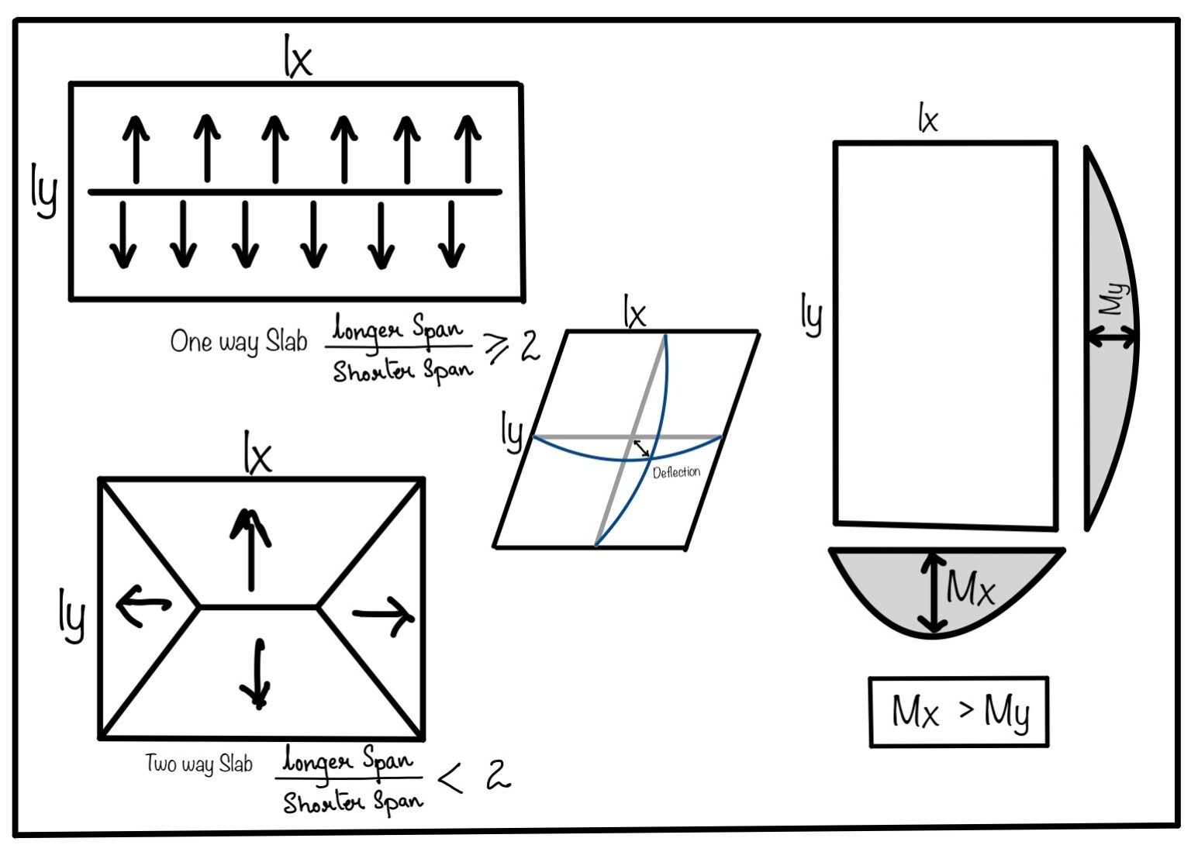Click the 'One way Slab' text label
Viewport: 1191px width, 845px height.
click(x=239, y=342)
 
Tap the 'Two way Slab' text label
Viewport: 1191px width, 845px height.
click(x=199, y=764)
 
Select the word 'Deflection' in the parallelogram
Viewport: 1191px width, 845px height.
click(x=676, y=472)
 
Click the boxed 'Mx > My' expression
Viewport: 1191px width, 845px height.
click(x=959, y=712)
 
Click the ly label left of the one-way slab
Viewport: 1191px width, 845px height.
click(x=44, y=190)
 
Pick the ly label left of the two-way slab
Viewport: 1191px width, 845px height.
click(x=72, y=615)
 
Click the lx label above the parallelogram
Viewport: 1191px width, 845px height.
click(x=634, y=313)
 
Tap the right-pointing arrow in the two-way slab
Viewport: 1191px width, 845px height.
click(x=384, y=616)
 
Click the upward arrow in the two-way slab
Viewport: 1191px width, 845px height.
click(x=250, y=549)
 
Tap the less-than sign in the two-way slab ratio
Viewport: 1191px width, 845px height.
click(x=451, y=778)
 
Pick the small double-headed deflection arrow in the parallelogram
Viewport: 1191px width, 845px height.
click(x=641, y=448)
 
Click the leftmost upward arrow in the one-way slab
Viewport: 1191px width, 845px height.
click(x=136, y=149)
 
